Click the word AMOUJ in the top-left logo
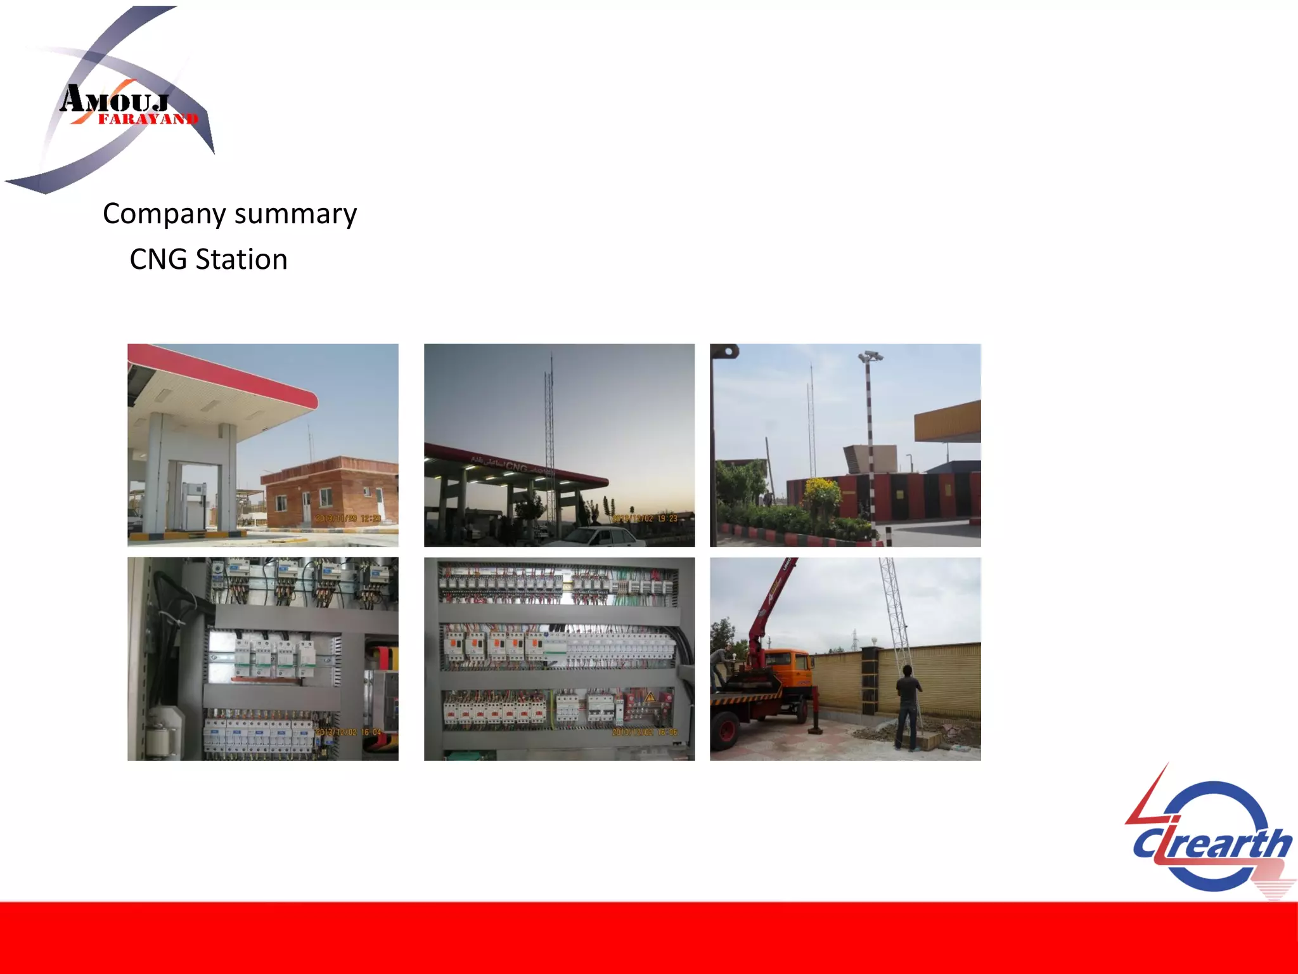point(115,101)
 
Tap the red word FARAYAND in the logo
point(148,119)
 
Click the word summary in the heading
point(295,214)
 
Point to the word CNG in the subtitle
point(158,259)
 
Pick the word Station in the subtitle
point(241,259)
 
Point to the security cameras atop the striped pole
point(870,356)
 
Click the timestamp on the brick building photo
point(348,519)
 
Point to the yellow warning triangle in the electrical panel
point(650,698)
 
